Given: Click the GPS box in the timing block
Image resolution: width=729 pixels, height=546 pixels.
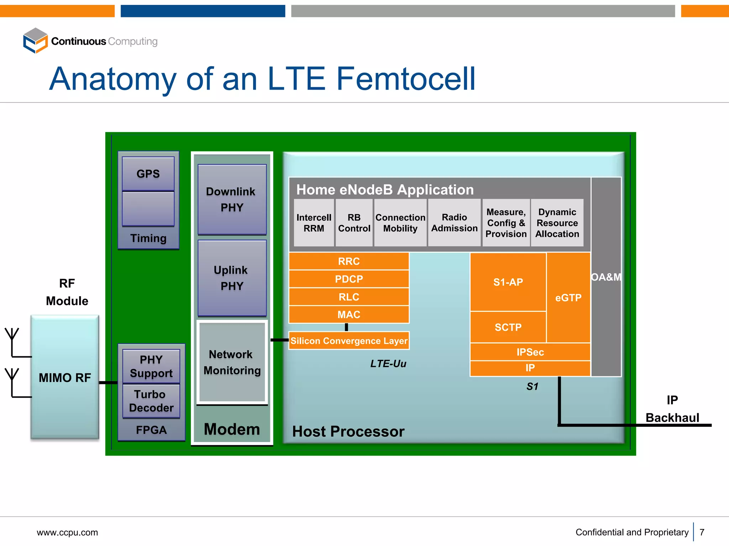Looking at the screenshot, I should [x=148, y=174].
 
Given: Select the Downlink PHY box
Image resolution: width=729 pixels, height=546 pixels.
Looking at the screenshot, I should [x=232, y=199].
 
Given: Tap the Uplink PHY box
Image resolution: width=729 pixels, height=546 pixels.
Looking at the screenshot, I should [x=232, y=278].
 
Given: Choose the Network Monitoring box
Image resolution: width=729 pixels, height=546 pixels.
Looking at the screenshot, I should [x=232, y=362].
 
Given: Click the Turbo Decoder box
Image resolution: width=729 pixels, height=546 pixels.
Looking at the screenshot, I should [x=151, y=401].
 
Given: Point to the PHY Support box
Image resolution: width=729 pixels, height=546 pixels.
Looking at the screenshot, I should [x=151, y=366].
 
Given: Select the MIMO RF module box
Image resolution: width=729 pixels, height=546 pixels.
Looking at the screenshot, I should [x=65, y=377].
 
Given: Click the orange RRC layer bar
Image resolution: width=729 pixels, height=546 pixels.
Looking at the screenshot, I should [x=349, y=261].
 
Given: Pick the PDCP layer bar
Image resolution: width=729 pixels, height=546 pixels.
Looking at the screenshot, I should [x=349, y=279].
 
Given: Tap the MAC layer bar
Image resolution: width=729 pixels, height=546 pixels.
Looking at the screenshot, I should [x=349, y=315].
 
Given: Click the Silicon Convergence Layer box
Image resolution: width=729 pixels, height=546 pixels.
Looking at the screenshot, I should [x=349, y=341].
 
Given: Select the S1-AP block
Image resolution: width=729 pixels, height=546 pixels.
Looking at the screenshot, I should [x=508, y=282].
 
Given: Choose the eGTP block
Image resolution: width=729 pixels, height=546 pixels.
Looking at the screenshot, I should [x=568, y=298].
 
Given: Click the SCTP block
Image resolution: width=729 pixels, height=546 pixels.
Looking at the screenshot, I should [x=508, y=327].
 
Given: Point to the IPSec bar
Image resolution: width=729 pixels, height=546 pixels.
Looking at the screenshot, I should [x=530, y=352].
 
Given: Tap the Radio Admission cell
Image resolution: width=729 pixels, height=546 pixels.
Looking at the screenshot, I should [x=454, y=223].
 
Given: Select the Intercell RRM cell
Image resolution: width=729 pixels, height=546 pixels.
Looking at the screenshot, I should [x=314, y=223].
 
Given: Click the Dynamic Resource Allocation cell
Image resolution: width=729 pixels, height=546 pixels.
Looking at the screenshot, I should [x=557, y=223].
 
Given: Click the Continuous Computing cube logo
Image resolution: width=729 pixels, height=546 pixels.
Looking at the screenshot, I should [x=35, y=41].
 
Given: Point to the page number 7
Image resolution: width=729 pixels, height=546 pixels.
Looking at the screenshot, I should [x=702, y=532].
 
